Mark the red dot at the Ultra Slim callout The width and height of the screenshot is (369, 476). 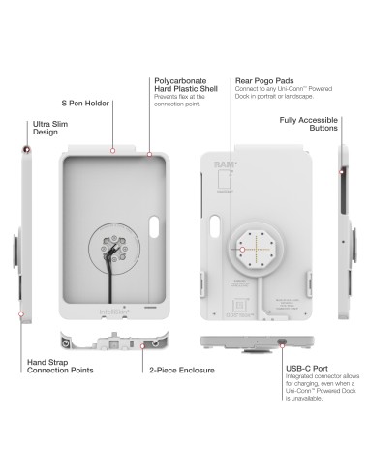(x=25, y=150)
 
